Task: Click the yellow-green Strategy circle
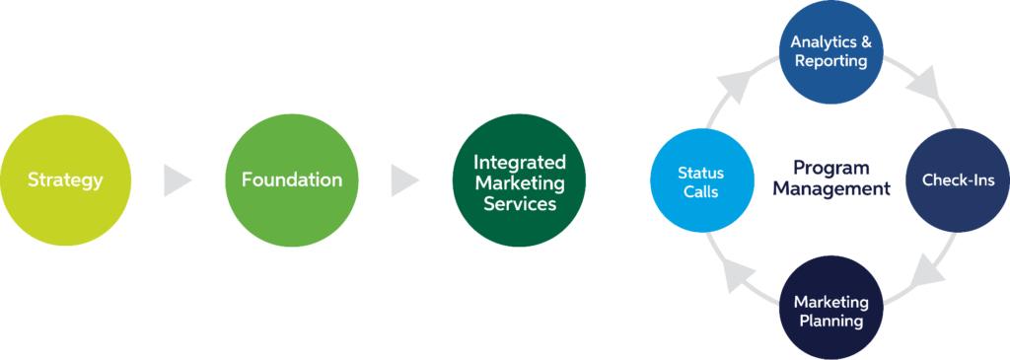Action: point(65,180)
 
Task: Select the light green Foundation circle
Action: point(292,180)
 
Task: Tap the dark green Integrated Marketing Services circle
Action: point(519,180)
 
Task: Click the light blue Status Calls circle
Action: point(701,180)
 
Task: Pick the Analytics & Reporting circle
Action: point(830,52)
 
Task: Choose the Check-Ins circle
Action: point(958,180)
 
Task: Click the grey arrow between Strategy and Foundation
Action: point(178,180)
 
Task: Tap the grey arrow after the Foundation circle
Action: point(405,180)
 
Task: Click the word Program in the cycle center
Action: point(830,169)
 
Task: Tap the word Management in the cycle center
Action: point(830,189)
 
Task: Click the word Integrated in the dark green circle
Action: point(519,161)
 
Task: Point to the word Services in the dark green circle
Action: point(519,204)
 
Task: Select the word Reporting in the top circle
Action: point(830,62)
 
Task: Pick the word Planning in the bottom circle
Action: point(830,320)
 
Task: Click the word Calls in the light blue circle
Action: point(701,192)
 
